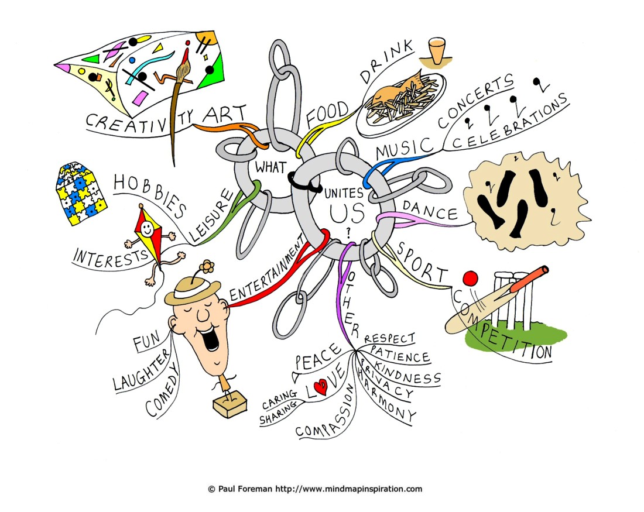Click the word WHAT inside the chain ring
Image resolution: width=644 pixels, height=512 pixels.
coord(270,167)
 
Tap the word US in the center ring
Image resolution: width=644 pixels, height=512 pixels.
coord(347,212)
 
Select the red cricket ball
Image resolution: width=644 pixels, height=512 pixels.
coord(470,279)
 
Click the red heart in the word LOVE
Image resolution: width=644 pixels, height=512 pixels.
coord(320,386)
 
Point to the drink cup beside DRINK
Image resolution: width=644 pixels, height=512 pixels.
coord(437,51)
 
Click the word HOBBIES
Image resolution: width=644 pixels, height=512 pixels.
coord(149,195)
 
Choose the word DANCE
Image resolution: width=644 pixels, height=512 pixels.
coord(430,210)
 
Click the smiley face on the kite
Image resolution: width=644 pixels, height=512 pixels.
coord(146,226)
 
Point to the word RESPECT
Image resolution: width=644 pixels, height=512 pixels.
coord(389,338)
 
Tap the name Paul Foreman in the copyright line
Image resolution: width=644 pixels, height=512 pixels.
coord(245,489)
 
